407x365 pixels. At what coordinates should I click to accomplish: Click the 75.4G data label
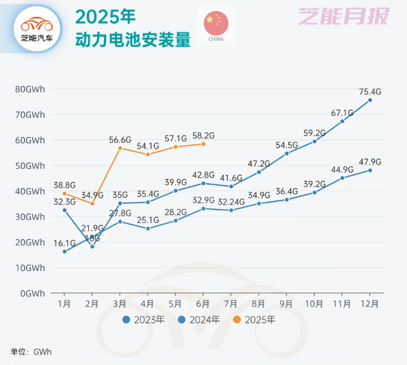(x=370, y=91)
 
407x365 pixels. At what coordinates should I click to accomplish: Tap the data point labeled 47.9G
(x=370, y=170)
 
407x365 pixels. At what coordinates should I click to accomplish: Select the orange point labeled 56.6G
(x=120, y=148)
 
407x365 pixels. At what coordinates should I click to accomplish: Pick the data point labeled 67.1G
(x=343, y=121)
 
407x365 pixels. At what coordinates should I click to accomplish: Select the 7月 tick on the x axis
(x=231, y=303)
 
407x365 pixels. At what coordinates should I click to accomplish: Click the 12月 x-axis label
(x=370, y=303)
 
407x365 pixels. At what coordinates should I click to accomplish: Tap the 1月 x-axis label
(x=64, y=303)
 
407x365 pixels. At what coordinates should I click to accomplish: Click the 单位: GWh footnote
(x=31, y=351)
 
